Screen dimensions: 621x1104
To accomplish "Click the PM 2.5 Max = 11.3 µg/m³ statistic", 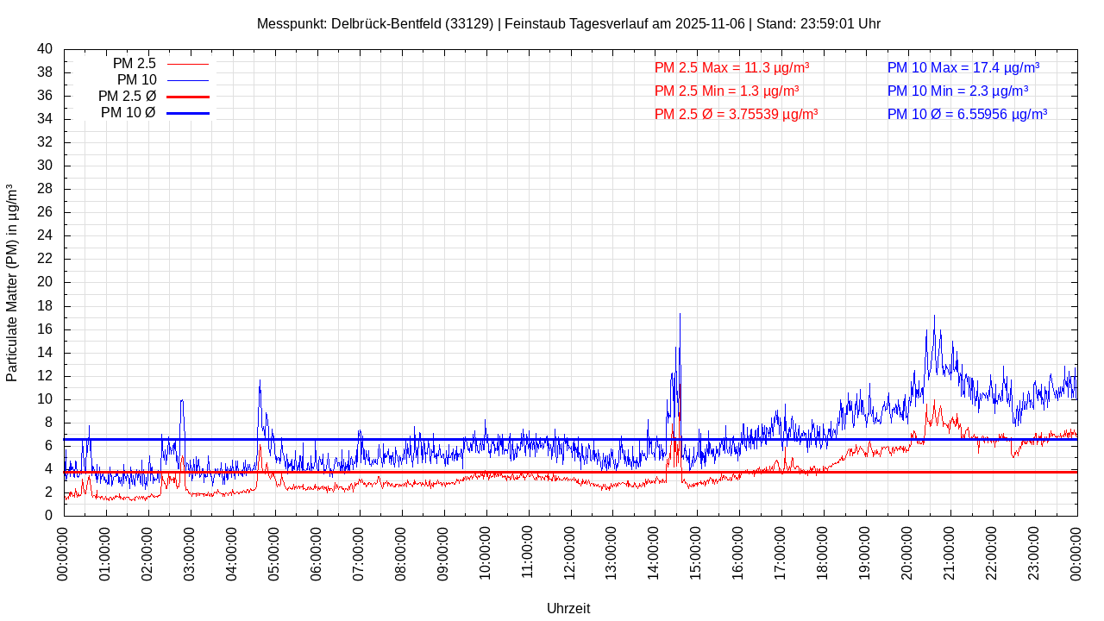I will pos(731,67).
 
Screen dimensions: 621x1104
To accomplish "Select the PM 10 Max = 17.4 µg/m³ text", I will pos(963,67).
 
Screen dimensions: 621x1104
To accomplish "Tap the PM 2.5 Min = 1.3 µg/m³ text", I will pos(726,91).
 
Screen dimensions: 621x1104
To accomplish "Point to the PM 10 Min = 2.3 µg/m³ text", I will pos(957,91).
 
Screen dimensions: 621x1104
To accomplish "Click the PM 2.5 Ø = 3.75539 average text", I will pos(736,114).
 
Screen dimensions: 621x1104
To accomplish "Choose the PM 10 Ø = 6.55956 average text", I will pos(967,114).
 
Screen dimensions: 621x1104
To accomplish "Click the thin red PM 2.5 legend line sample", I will pos(187,64).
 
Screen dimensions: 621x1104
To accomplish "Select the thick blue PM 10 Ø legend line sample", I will pos(187,113).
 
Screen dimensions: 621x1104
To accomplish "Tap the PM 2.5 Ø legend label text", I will pos(127,97).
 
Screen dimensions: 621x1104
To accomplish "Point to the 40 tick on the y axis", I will pos(45,49).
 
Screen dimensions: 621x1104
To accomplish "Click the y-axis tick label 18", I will pos(45,306).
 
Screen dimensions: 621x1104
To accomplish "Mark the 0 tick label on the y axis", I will pos(48,516).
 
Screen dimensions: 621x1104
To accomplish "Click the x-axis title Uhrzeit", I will pos(568,608).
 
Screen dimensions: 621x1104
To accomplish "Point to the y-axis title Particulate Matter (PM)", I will pos(12,283).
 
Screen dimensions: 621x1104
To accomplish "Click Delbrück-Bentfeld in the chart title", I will pos(393,23).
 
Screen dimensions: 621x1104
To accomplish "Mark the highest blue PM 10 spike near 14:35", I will pos(680,315).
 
